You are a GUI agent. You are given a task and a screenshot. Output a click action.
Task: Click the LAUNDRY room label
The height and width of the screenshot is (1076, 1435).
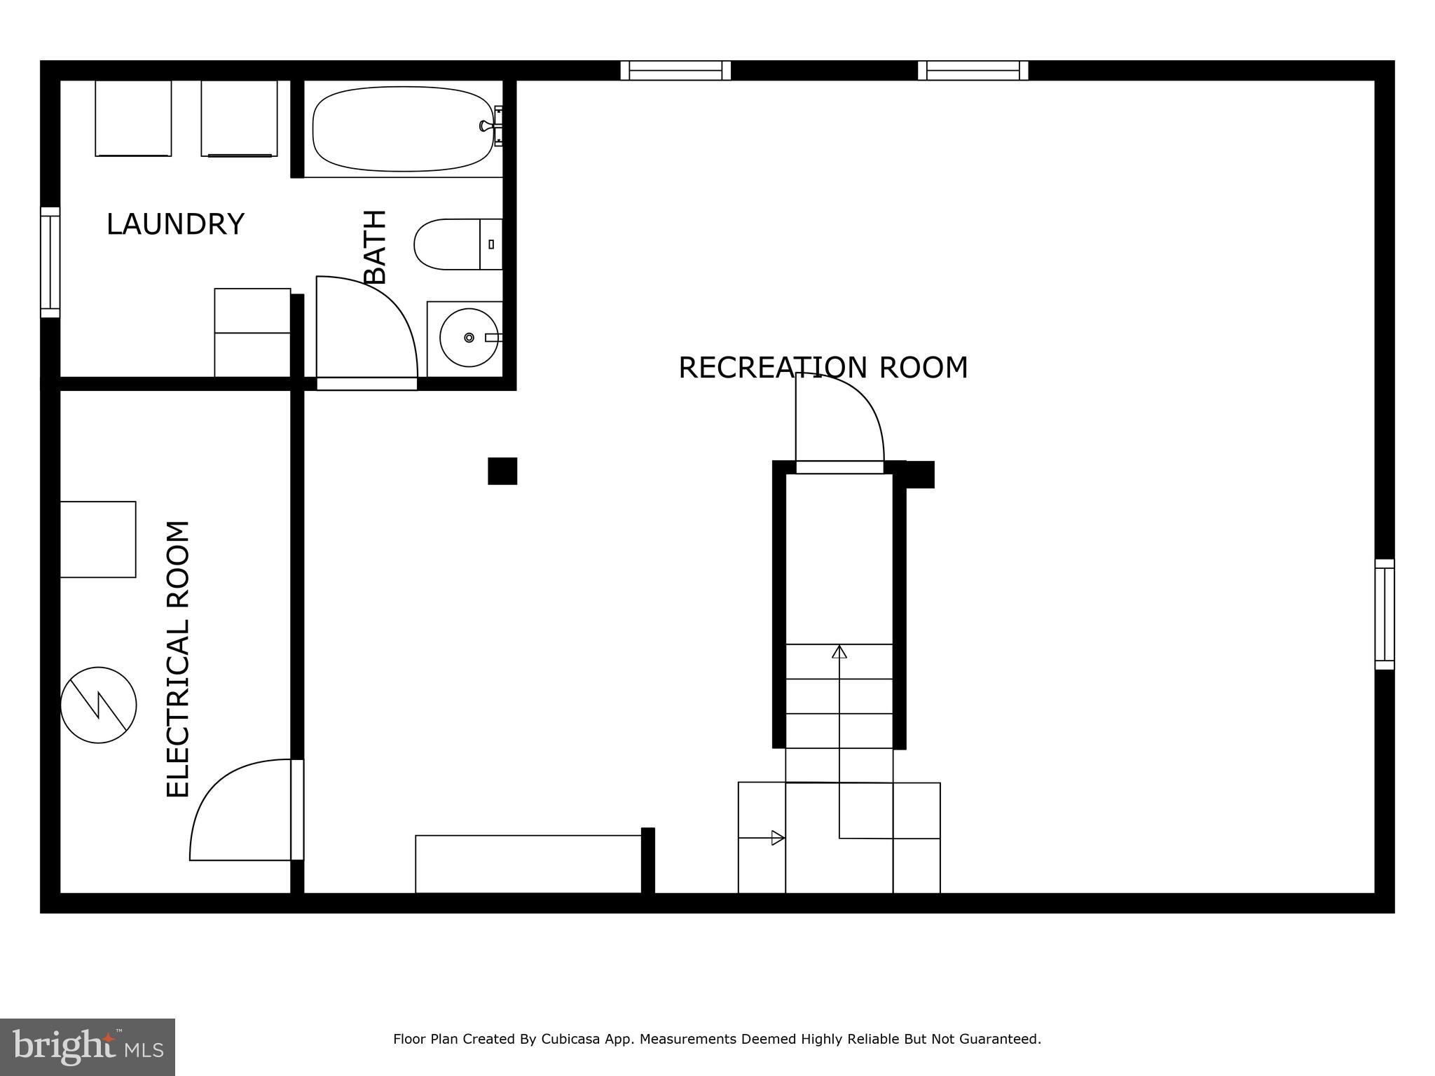(x=175, y=225)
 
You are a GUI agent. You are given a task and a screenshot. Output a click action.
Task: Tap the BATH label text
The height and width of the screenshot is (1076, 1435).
(x=376, y=247)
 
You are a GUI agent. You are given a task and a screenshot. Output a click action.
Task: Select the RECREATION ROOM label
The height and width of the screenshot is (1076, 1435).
(x=823, y=368)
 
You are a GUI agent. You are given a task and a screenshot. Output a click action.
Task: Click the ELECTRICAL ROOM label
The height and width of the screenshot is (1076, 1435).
(x=178, y=659)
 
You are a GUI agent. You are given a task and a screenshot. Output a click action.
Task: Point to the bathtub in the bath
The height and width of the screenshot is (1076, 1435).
(x=402, y=129)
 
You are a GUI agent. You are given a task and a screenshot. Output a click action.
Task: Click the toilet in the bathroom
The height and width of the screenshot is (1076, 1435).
(x=455, y=244)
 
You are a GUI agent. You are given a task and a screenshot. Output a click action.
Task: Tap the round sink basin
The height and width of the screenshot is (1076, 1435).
(x=468, y=338)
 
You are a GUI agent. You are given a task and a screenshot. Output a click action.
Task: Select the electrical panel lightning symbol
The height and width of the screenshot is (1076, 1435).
(x=98, y=705)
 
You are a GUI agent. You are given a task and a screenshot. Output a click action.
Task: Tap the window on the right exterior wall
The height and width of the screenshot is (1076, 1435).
(x=1384, y=614)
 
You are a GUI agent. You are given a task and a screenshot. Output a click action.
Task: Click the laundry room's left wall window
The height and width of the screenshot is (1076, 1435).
(x=50, y=263)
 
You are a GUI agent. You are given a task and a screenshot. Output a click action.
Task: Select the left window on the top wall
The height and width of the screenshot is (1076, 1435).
(x=675, y=71)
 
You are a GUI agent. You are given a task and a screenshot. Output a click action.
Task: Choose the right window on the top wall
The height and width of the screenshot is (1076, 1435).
(x=973, y=71)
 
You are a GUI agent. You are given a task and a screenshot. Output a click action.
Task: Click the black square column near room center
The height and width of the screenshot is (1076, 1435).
(x=502, y=471)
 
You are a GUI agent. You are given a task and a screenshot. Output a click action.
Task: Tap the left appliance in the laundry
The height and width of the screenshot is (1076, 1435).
(x=133, y=118)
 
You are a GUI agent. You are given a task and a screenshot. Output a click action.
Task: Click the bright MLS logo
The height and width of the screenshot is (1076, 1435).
(x=87, y=1047)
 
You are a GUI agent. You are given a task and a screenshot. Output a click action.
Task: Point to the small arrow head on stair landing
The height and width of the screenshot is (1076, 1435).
(x=777, y=838)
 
